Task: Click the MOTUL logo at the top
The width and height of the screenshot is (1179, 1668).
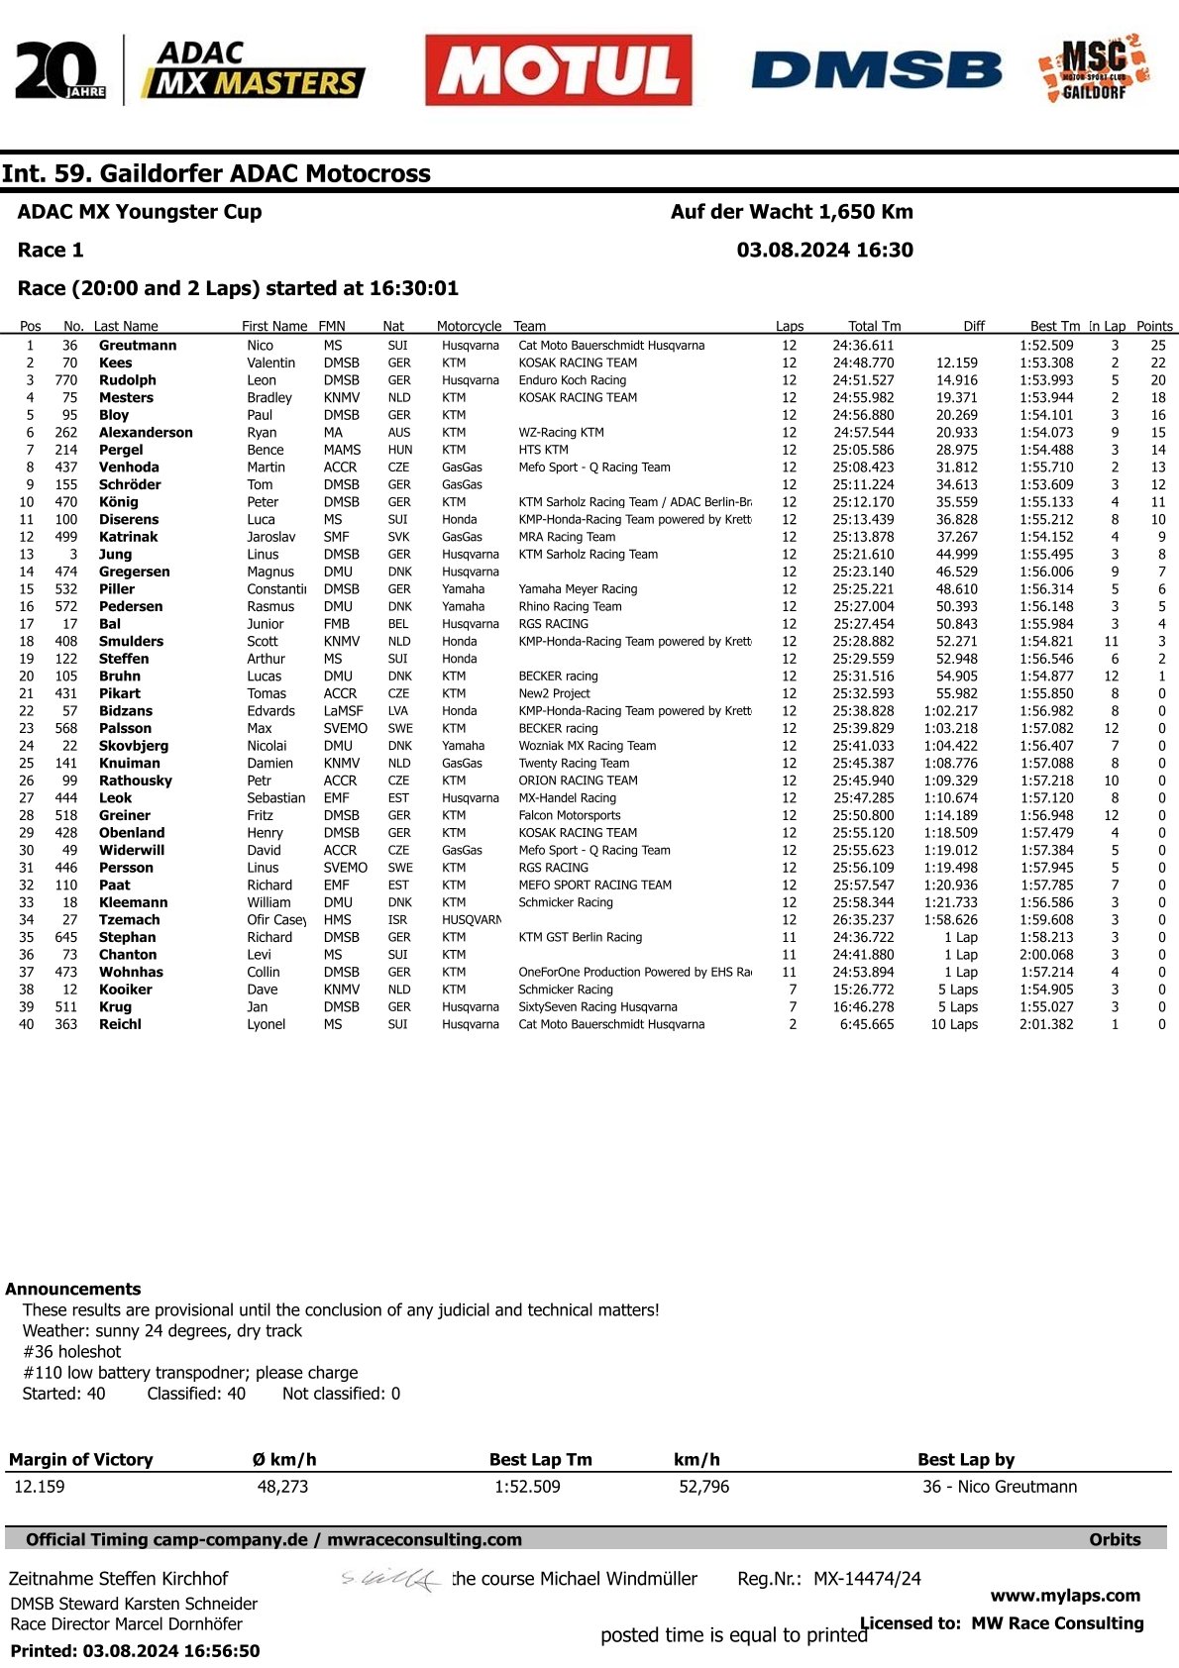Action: tap(558, 70)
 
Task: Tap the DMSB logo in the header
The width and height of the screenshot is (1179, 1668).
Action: tap(876, 70)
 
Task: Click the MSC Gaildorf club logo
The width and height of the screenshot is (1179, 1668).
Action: tap(1094, 69)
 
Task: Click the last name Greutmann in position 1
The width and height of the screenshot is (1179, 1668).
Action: tap(138, 346)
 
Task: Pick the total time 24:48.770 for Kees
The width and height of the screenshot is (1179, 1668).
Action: tap(863, 364)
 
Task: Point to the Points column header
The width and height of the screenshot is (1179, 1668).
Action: tap(1154, 326)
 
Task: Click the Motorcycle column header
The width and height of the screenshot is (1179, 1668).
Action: tap(469, 326)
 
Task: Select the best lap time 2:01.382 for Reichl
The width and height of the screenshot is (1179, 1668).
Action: tap(1046, 1024)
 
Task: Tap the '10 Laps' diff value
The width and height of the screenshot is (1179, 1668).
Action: tap(953, 1024)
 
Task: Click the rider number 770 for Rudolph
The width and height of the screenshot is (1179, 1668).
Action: tap(65, 380)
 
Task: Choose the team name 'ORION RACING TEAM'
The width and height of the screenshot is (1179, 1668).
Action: tap(578, 781)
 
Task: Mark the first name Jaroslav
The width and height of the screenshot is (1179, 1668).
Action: tap(270, 537)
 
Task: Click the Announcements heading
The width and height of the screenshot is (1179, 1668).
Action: tap(73, 1289)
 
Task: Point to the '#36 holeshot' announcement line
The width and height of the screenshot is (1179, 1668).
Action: tap(71, 1351)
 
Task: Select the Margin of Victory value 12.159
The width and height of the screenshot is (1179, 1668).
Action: tap(40, 1487)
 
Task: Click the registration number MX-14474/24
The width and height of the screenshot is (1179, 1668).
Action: tap(867, 1579)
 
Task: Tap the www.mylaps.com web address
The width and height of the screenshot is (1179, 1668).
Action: tap(1065, 1596)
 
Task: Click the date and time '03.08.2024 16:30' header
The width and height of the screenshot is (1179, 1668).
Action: tap(824, 251)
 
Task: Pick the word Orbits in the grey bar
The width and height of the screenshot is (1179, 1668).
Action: tap(1115, 1539)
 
